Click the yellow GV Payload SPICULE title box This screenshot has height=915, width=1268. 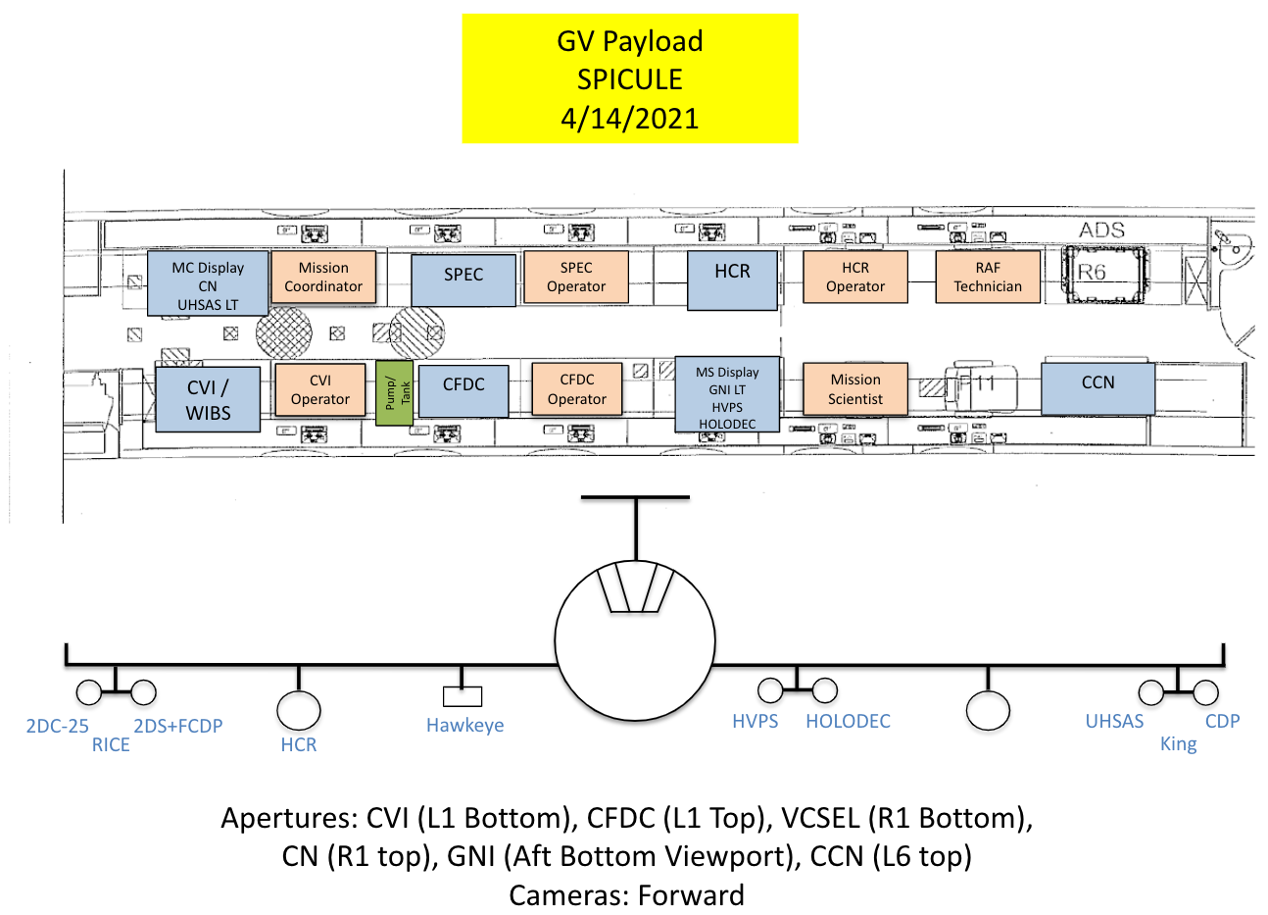click(630, 78)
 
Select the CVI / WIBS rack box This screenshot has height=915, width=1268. click(208, 399)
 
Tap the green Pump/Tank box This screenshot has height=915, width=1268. click(395, 392)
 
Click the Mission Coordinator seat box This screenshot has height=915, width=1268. click(323, 277)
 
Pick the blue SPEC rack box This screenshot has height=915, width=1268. click(463, 280)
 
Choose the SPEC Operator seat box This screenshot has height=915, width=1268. click(576, 277)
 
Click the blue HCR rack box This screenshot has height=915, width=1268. click(732, 280)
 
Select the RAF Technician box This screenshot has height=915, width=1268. click(988, 277)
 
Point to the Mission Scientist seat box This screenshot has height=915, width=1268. click(855, 389)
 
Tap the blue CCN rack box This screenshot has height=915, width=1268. click(1097, 387)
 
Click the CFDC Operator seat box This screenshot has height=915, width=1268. click(577, 389)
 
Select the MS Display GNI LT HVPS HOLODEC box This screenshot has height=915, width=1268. click(727, 395)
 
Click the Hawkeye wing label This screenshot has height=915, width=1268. click(464, 726)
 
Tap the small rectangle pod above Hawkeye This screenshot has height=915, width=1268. click(463, 696)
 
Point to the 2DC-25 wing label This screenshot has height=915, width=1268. click(57, 726)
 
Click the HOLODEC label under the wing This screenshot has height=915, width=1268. click(848, 722)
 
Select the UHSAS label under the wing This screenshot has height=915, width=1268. click(1114, 722)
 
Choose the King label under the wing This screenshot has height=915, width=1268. click(1178, 744)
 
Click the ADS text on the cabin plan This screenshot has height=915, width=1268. click(1102, 230)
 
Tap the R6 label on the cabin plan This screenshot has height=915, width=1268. click(1093, 273)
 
